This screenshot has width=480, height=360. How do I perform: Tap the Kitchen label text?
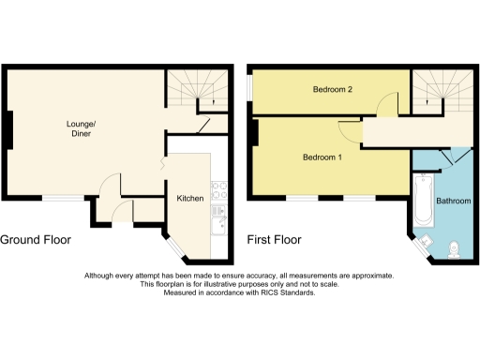point(191,199)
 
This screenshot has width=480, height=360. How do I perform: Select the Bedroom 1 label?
point(322,157)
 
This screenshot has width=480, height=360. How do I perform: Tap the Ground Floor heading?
point(36,240)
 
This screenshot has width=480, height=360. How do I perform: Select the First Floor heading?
point(274,240)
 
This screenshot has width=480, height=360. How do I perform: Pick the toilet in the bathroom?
point(454,249)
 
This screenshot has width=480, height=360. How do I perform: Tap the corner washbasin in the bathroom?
point(424,243)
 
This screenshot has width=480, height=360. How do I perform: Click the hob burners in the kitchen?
point(218,190)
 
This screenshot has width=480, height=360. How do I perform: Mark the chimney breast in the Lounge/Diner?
point(7,130)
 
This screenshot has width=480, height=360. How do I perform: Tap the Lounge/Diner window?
point(62,199)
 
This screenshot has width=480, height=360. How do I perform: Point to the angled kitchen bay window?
point(176,246)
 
